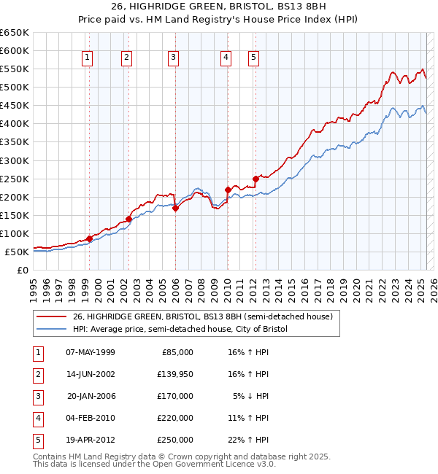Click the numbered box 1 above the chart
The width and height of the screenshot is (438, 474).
click(x=88, y=58)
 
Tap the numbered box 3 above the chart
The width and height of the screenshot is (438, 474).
click(x=173, y=58)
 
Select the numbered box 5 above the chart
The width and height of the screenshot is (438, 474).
click(x=253, y=58)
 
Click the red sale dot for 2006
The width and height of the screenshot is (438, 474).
click(x=175, y=208)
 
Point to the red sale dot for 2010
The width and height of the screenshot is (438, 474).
click(x=228, y=190)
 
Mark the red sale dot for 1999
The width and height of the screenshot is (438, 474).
click(x=89, y=238)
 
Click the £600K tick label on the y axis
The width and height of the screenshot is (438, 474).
click(x=15, y=50)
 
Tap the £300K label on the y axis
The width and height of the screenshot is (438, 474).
click(x=15, y=160)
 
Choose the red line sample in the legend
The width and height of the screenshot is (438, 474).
click(x=50, y=316)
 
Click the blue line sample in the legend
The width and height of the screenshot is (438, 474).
click(x=50, y=330)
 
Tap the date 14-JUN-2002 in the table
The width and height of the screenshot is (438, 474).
click(x=91, y=374)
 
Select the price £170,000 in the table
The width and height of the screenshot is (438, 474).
click(x=175, y=396)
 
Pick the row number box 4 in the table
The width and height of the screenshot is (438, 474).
click(x=37, y=418)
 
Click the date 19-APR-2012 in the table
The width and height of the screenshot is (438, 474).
click(x=91, y=440)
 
